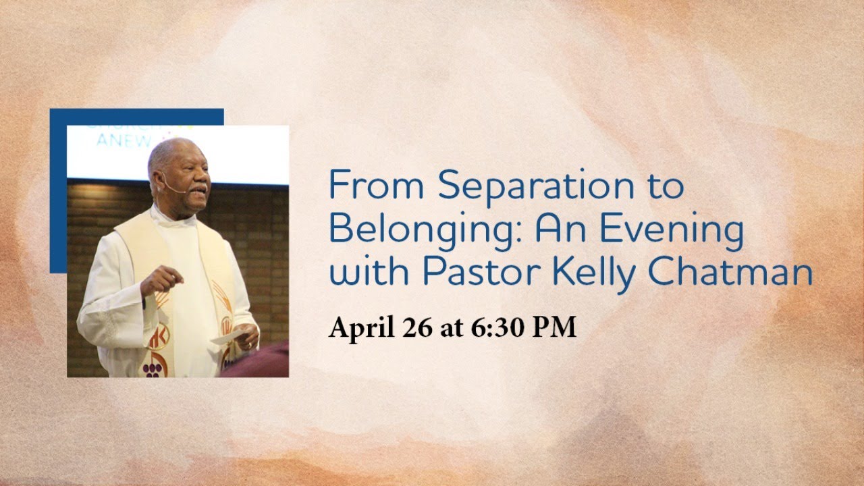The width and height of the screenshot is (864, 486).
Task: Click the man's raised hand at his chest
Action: (162, 279)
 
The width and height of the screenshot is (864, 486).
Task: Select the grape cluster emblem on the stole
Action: (152, 369)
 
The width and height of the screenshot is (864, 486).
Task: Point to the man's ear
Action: (157, 177)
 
